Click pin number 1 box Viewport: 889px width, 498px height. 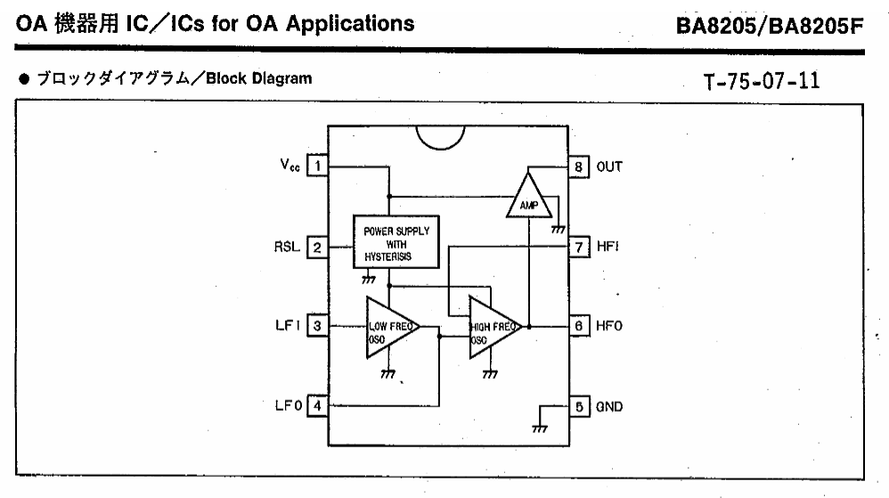click(x=317, y=166)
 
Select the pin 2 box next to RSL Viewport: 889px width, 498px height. click(x=317, y=248)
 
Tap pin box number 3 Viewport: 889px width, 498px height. click(x=317, y=325)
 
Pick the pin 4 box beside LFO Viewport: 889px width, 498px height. click(x=317, y=405)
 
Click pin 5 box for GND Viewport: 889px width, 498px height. click(x=579, y=406)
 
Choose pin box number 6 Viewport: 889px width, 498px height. click(x=579, y=325)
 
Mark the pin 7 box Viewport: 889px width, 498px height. click(x=579, y=248)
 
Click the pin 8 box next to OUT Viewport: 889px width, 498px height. click(x=579, y=167)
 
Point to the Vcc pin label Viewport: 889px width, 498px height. click(x=290, y=165)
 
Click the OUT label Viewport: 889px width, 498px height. click(x=609, y=167)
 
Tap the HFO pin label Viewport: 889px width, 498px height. click(x=609, y=325)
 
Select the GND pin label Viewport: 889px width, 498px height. click(x=609, y=406)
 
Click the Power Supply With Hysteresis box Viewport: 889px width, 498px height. click(x=396, y=241)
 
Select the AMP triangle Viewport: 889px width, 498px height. click(x=528, y=198)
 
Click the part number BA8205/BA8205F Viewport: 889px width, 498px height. click(x=770, y=26)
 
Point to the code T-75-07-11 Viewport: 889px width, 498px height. click(x=762, y=81)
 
